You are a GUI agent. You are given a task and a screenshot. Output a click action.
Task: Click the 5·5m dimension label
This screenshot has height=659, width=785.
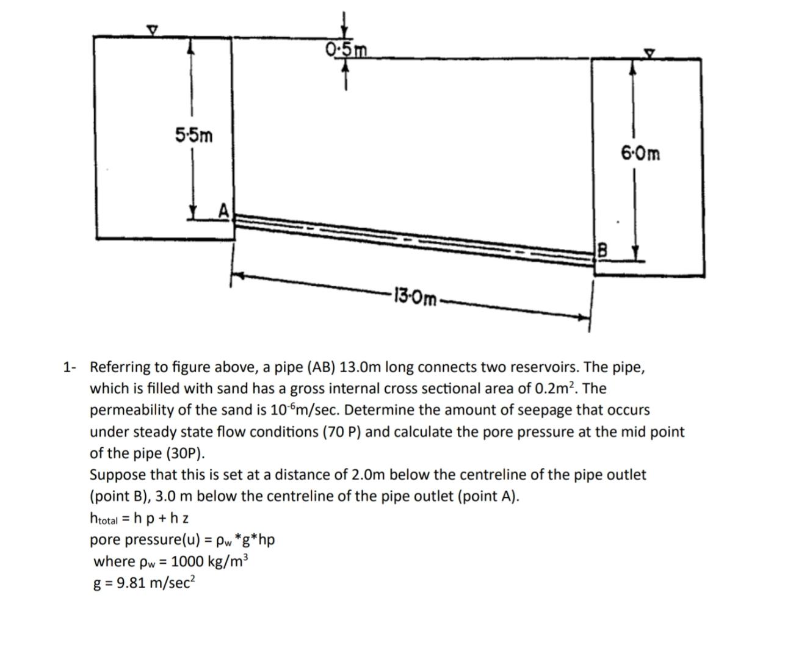[x=194, y=135]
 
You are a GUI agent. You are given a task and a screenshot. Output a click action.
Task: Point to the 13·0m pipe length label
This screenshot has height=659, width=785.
[x=416, y=298]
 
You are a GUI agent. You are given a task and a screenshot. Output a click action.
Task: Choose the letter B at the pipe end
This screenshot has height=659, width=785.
[x=602, y=251]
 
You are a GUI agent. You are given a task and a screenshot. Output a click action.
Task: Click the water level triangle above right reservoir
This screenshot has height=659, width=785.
[x=650, y=54]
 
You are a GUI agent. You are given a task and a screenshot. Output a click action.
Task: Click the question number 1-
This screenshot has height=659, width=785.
[x=70, y=367]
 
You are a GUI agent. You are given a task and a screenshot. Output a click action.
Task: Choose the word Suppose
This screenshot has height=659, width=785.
[x=116, y=475]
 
